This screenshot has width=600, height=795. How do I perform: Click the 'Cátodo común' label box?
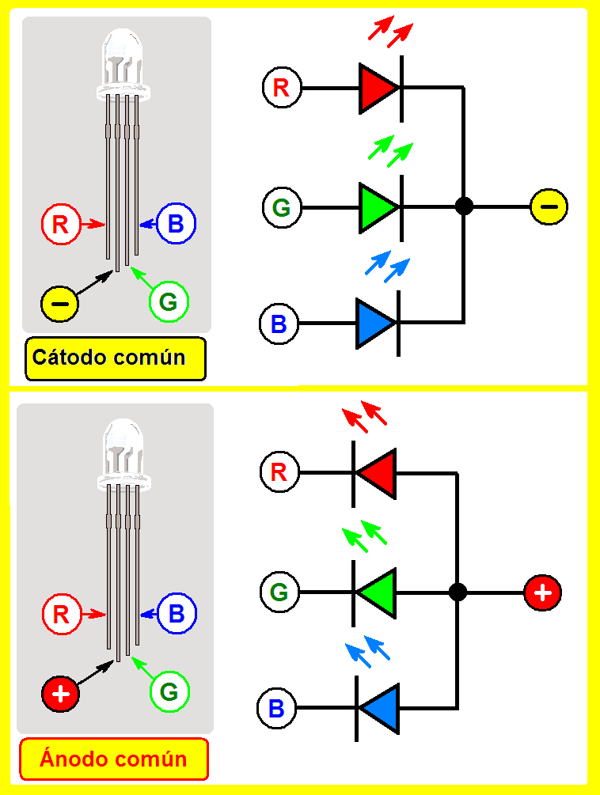tap(116, 358)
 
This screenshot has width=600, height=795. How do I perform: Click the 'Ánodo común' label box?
tap(114, 760)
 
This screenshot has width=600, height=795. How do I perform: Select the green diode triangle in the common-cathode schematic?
tap(376, 207)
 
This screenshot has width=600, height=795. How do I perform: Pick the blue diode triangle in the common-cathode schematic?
tap(373, 323)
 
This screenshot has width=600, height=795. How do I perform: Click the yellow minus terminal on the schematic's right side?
tap(549, 207)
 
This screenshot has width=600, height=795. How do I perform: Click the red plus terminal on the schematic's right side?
tap(542, 592)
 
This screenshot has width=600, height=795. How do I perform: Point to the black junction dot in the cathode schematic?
tap(465, 207)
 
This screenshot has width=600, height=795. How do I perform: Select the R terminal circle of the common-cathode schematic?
tap(281, 87)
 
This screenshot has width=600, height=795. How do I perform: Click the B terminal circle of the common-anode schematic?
tap(276, 708)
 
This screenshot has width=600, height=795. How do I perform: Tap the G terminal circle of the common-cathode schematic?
tap(281, 208)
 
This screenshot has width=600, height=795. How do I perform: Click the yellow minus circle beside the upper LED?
tap(60, 303)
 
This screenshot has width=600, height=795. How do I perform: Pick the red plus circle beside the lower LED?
tap(61, 695)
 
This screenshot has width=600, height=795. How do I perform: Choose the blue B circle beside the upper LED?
tap(176, 224)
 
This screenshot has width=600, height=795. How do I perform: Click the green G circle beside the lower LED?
tap(169, 692)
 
